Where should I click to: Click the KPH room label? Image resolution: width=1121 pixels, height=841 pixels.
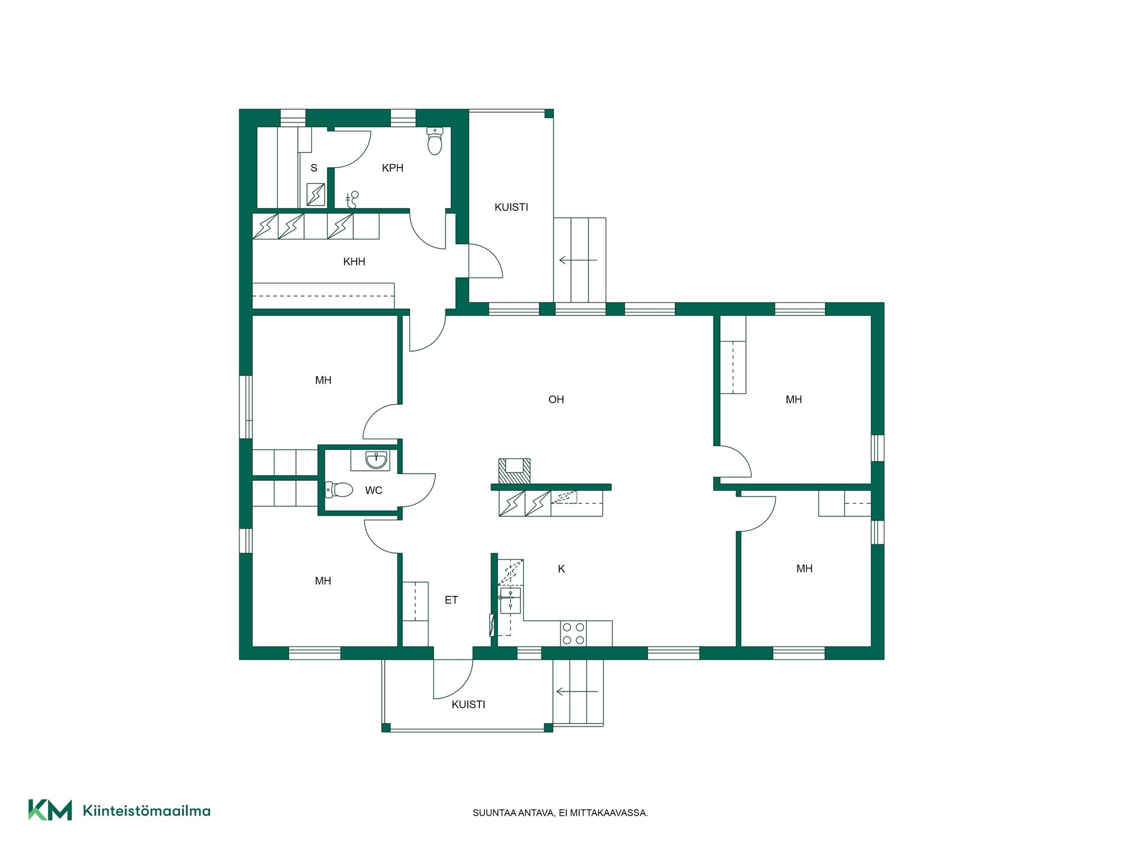tap(392, 168)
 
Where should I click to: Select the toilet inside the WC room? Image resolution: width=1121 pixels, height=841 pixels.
tap(339, 489)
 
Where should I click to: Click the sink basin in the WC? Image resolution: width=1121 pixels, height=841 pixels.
tap(377, 460)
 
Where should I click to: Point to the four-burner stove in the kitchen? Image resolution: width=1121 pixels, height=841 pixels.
tap(573, 634)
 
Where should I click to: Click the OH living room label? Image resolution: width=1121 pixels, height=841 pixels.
tap(556, 399)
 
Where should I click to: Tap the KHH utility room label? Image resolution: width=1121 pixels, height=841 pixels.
tap(354, 262)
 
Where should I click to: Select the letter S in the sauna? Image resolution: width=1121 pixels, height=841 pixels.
tap(314, 168)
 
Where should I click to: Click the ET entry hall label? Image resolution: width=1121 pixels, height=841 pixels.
tap(451, 600)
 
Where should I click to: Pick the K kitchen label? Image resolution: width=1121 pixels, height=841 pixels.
tap(562, 569)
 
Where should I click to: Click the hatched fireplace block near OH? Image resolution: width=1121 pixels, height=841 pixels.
tap(514, 471)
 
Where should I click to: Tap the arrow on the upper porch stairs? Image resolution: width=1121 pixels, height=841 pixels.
tap(578, 260)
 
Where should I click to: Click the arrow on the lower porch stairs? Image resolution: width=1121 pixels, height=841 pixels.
tap(577, 691)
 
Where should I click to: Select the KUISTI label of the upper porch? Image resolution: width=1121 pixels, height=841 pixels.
tap(511, 207)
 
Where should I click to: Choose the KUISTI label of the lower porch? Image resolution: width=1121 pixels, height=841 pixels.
tap(468, 704)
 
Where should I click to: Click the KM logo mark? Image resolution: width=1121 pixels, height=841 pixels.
tap(50, 810)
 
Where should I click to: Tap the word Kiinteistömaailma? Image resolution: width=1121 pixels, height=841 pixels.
tap(147, 811)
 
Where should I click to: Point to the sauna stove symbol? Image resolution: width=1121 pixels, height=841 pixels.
tap(316, 194)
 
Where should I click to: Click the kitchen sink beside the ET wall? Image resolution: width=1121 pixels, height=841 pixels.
tap(510, 600)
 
